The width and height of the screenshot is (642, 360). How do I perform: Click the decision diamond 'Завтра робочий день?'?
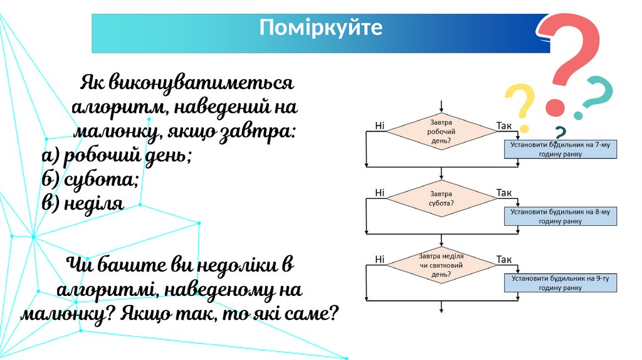tap(442, 132)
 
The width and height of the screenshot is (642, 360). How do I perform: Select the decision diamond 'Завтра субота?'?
tap(442, 199)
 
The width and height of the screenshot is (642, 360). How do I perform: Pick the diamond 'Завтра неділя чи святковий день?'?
tap(442, 265)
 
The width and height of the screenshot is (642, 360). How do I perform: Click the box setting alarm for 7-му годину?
tap(560, 149)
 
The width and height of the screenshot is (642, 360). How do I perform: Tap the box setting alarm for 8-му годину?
tap(560, 216)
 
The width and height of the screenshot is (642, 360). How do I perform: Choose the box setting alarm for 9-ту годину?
tap(560, 283)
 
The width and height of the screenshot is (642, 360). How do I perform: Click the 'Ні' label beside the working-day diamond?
tap(380, 125)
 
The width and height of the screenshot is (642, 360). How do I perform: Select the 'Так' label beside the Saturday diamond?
tap(504, 193)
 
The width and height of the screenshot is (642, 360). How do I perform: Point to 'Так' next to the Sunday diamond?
tap(504, 259)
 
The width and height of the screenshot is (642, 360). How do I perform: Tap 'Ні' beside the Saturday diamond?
tap(380, 193)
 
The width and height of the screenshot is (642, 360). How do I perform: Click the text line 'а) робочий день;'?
tap(117, 156)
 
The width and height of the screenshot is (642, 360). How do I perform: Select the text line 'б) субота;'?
tap(90, 179)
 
